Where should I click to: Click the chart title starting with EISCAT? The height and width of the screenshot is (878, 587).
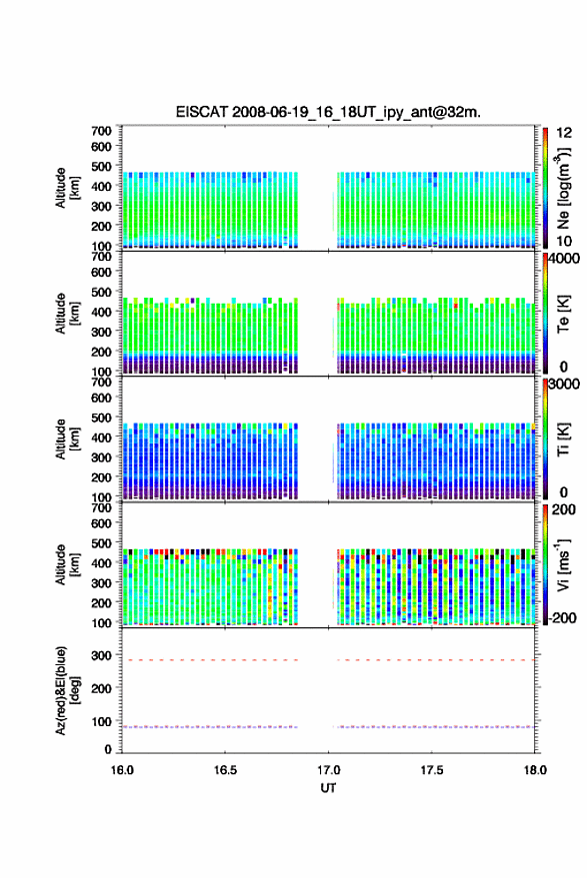(328, 112)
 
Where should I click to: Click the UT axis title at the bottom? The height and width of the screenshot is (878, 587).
(328, 788)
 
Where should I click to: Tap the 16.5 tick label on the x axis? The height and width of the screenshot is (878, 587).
(225, 770)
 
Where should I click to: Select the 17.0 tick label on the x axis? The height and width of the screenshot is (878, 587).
(328, 770)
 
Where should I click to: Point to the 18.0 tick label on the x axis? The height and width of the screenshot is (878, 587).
(535, 770)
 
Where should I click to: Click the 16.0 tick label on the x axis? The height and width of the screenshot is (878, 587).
(122, 770)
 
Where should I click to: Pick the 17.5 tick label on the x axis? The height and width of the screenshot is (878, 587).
(431, 770)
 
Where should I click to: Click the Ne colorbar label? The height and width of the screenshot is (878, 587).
(563, 188)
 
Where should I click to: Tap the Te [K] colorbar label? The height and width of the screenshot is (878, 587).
(563, 314)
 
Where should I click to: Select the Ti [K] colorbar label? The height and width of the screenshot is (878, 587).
(563, 439)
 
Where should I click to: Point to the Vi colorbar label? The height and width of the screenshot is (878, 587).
(563, 564)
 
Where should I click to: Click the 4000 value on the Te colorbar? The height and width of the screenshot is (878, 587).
(563, 259)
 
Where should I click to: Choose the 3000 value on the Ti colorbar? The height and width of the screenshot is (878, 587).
(563, 385)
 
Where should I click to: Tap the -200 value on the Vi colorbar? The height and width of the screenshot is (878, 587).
(562, 617)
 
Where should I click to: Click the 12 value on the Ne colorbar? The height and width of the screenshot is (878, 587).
(564, 133)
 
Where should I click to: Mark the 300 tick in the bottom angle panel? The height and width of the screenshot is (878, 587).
(101, 655)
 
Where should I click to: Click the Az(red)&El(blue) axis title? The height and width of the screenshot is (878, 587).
(68, 691)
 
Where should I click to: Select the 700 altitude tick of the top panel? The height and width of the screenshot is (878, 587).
(101, 131)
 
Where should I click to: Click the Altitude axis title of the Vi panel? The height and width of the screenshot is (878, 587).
(67, 565)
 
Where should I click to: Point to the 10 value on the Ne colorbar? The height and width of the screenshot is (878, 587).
(564, 241)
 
